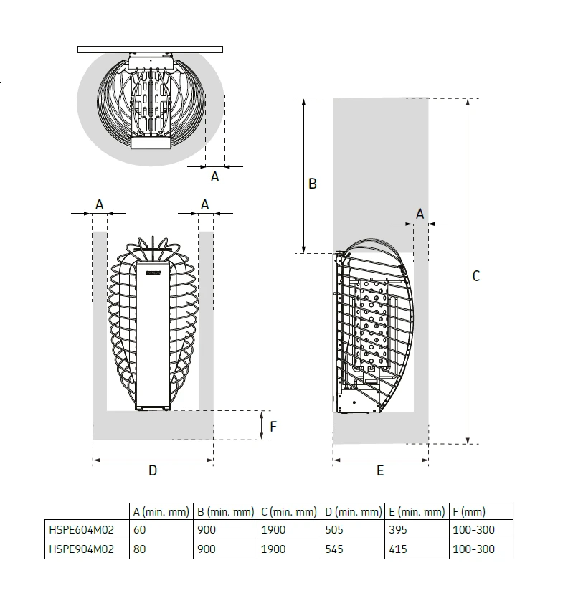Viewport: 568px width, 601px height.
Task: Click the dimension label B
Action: click(x=313, y=184)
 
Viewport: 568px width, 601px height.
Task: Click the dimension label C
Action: click(x=476, y=276)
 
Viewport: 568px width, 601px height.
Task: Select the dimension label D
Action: click(x=153, y=470)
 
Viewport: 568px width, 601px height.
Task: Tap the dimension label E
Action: click(x=380, y=470)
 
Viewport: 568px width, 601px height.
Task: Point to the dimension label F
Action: click(x=273, y=427)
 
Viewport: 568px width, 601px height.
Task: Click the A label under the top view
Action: click(x=215, y=176)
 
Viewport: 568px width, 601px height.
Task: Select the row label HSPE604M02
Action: click(x=82, y=530)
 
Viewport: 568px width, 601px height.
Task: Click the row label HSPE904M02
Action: click(x=82, y=549)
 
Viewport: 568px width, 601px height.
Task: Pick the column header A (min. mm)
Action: click(x=161, y=511)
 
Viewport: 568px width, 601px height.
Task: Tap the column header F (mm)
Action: click(x=469, y=511)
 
